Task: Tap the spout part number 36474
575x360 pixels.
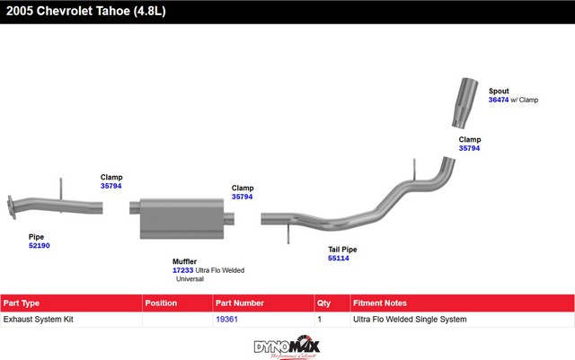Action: (499, 100)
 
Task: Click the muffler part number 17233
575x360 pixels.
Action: (182, 270)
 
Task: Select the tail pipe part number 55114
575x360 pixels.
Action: (338, 258)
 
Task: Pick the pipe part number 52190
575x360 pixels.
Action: (40, 245)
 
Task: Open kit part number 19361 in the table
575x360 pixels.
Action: (226, 319)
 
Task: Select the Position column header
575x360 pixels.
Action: (162, 303)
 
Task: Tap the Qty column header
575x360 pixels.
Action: (324, 303)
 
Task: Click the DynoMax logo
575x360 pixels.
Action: (287, 347)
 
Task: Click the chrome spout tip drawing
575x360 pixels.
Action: (468, 103)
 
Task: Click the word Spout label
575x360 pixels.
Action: (499, 91)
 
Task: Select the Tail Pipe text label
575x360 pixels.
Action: (342, 249)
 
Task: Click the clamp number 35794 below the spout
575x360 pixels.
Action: (469, 148)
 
